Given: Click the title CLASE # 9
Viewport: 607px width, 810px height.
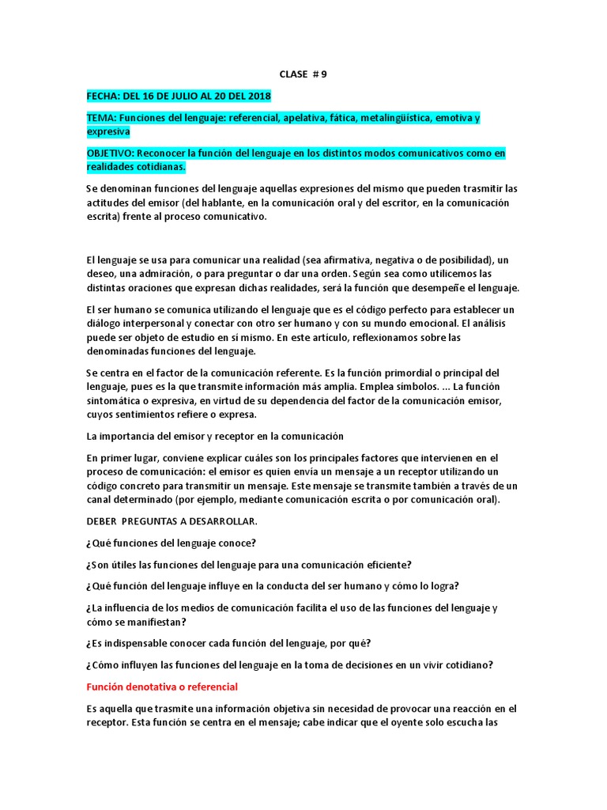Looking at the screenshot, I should (x=303, y=74).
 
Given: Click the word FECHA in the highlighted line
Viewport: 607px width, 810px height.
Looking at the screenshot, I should (x=103, y=97).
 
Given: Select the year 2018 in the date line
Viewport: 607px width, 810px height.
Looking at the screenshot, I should (x=258, y=97).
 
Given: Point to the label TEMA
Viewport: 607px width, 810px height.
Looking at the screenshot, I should (x=100, y=119).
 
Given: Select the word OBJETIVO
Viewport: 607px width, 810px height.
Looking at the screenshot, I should (x=111, y=153).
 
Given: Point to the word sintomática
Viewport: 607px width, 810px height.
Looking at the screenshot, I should (x=114, y=401).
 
